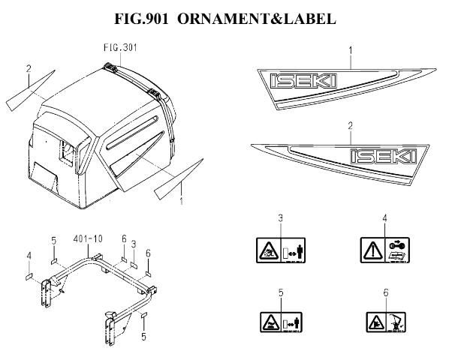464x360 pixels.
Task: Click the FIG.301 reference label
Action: tap(120, 47)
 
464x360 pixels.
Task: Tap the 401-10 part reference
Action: tap(88, 238)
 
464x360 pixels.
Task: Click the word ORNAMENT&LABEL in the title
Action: tap(257, 19)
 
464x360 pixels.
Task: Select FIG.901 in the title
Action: tap(141, 19)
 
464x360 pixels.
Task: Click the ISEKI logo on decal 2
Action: tap(384, 156)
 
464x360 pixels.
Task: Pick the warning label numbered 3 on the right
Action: tap(281, 250)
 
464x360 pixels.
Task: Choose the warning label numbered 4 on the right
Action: tap(384, 250)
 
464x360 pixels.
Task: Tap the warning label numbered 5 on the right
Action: tap(281, 322)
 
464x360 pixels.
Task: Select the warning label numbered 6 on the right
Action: tap(386, 322)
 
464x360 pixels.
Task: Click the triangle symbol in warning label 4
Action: tap(372, 250)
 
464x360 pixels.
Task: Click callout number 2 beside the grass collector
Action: tap(29, 68)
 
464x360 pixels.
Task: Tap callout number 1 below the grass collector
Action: tap(181, 201)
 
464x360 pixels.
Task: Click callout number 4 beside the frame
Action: tap(29, 256)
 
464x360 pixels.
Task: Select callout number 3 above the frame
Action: tap(134, 244)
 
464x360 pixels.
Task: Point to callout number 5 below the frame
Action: tap(144, 337)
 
